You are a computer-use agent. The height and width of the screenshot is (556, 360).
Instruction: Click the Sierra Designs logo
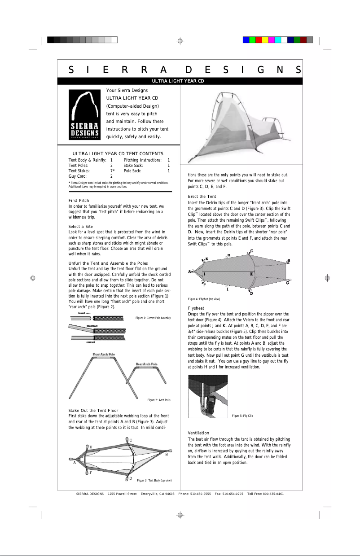[83, 115]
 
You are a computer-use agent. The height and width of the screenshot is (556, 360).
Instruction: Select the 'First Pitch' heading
[79, 200]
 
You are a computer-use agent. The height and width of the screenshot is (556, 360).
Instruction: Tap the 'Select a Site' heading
[80, 227]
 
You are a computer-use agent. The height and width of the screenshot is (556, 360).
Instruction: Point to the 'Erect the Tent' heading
[202, 197]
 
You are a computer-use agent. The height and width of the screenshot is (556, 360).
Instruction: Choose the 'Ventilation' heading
[198, 433]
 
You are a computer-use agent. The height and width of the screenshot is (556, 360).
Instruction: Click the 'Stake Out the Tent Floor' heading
[93, 411]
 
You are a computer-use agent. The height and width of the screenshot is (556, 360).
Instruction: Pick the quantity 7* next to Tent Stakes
[113, 171]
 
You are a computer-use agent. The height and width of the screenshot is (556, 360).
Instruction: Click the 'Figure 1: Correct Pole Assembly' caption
[153, 318]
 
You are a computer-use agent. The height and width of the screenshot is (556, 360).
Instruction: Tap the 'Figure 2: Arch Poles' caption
[159, 400]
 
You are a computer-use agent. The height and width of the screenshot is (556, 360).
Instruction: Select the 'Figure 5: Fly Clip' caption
[242, 416]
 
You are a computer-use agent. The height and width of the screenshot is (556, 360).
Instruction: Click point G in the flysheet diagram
[287, 283]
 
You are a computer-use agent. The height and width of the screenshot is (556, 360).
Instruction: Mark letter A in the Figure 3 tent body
[74, 463]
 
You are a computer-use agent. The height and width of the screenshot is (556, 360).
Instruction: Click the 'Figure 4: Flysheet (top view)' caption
[203, 299]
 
